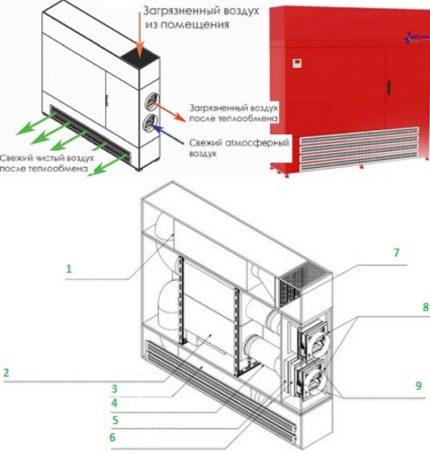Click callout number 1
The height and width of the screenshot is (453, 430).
point(69,269)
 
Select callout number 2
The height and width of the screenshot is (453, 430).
point(6,373)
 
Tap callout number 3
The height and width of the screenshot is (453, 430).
point(115,389)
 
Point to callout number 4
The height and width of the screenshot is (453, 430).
point(114,403)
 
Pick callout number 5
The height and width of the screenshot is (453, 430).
point(115,420)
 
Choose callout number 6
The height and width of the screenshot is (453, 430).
point(112,437)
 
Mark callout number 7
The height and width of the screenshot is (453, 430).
point(396,252)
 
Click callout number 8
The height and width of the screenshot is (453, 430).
point(426,307)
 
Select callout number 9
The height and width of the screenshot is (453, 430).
point(419,386)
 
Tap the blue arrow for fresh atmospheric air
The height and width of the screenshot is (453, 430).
point(169,134)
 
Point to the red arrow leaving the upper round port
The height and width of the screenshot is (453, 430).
point(169,112)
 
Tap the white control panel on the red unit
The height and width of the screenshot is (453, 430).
point(297,63)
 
